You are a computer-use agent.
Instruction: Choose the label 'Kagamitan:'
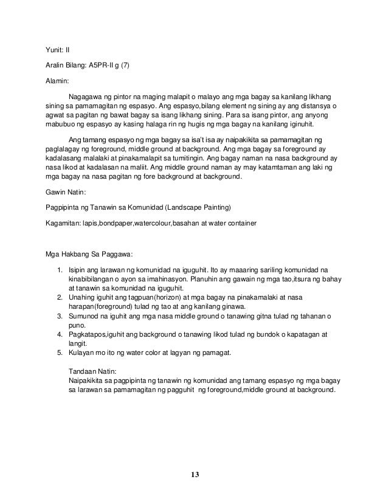64,224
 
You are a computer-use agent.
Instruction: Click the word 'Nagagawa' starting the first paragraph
86,97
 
